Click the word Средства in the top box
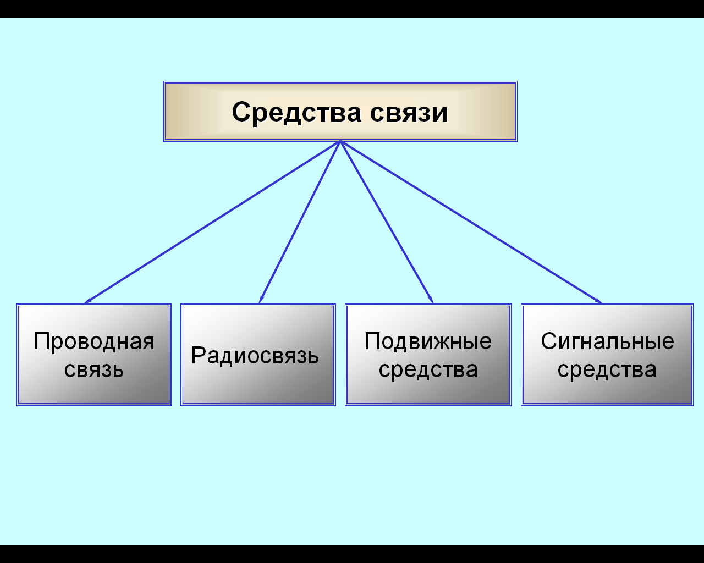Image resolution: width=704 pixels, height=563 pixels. pyautogui.click(x=296, y=113)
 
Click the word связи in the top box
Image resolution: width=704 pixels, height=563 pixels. pyautogui.click(x=409, y=113)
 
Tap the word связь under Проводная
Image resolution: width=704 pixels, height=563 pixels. pyautogui.click(x=94, y=369)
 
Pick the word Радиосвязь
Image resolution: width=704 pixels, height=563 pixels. pyautogui.click(x=255, y=356)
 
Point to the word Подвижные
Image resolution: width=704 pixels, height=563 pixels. pyautogui.click(x=428, y=342)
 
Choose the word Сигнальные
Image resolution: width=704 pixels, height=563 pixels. pyautogui.click(x=608, y=342)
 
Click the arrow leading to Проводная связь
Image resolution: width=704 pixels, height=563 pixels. pyautogui.click(x=212, y=222)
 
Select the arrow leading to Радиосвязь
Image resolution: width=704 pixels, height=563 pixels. pyautogui.click(x=300, y=222)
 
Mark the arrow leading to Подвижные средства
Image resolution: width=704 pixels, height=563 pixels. pyautogui.click(x=387, y=222)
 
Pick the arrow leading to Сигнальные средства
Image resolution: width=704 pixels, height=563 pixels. pyautogui.click(x=471, y=222)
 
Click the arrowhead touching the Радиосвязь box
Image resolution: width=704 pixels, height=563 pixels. pyautogui.click(x=261, y=299)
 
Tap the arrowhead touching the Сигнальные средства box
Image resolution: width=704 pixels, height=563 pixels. pyautogui.click(x=598, y=301)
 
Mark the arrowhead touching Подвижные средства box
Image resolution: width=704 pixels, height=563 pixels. pyautogui.click(x=431, y=299)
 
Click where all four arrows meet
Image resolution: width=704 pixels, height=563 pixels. pyautogui.click(x=340, y=141)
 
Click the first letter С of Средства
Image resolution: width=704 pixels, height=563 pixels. pyautogui.click(x=242, y=112)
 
